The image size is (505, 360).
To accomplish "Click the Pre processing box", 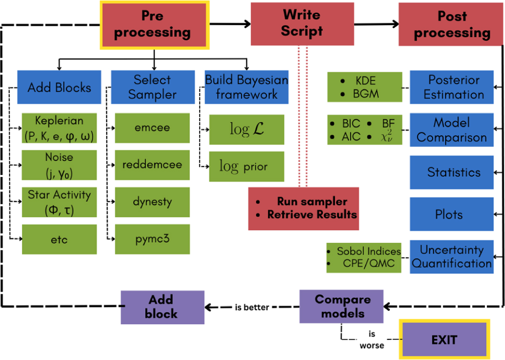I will tap(154, 25).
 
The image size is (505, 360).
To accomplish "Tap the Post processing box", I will tap(451, 24).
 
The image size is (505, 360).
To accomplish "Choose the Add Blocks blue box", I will tap(59, 87).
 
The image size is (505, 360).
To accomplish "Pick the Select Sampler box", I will tap(153, 87).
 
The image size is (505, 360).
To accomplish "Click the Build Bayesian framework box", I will tap(247, 87).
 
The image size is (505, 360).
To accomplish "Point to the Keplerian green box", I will tap(59, 128).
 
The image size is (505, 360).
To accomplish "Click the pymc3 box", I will tap(152, 239).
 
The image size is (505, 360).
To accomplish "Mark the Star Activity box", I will tap(59, 202).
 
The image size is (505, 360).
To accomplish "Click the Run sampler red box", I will tap(303, 208).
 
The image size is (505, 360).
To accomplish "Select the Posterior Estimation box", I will tap(452, 87).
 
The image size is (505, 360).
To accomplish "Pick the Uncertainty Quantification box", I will tap(452, 257).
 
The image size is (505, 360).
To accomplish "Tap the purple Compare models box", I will tap(342, 307).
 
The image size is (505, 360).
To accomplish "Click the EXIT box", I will tap(444, 339).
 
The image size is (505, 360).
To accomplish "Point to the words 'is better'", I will tap(252, 307).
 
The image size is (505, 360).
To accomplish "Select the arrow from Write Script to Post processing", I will tap(376, 25).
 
